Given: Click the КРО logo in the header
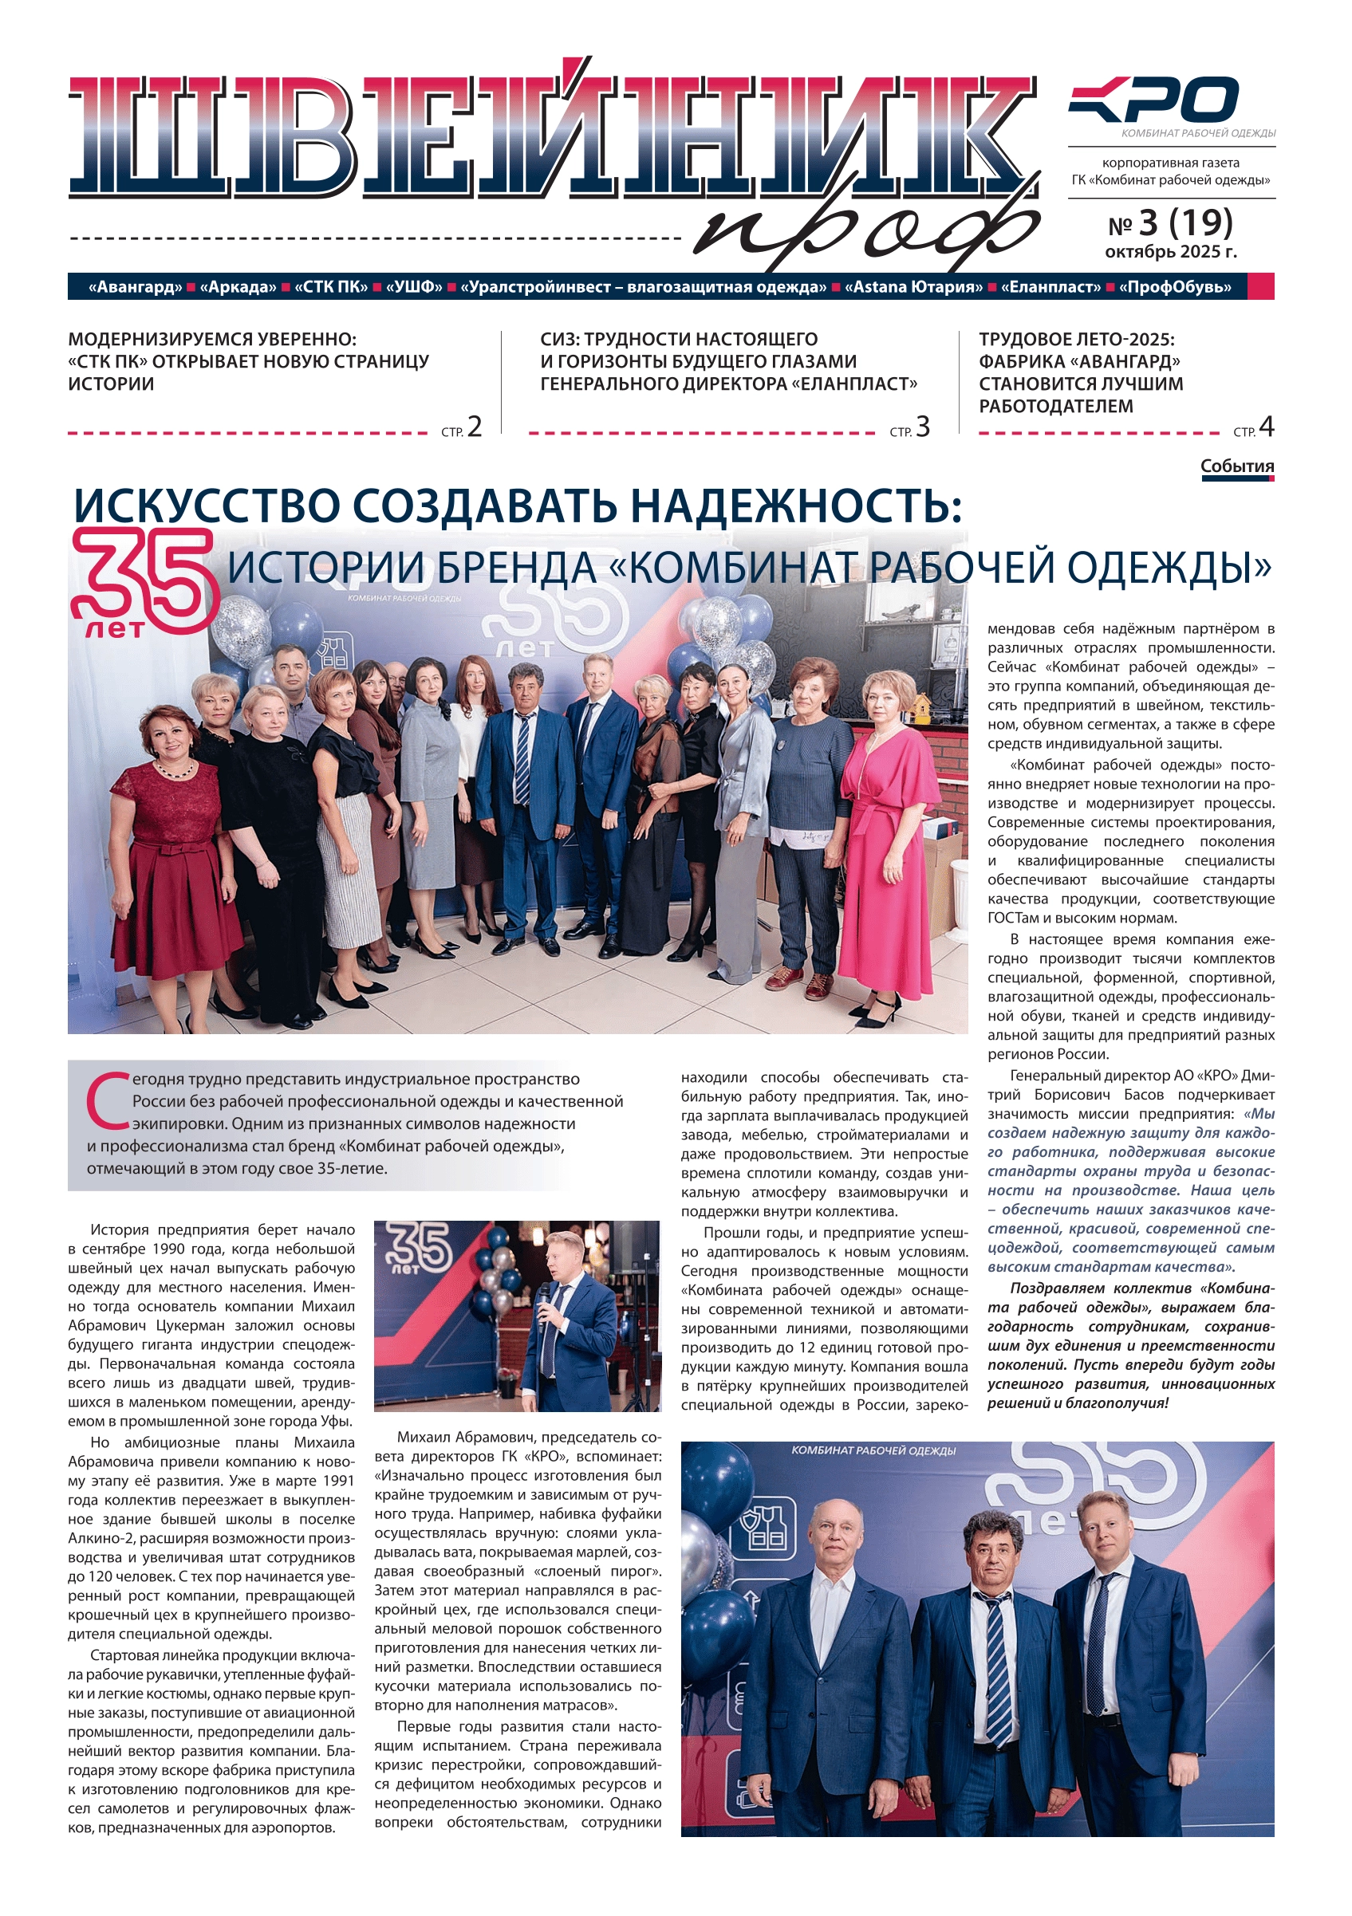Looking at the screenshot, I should pos(1154,100).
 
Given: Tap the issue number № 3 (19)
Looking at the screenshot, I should pos(1170,223).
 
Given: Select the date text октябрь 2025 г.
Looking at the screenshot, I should pos(1170,252).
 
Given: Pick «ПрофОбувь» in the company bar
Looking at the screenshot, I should pos(1175,287).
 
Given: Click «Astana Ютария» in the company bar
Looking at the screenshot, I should pos(914,287).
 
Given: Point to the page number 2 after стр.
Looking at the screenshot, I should pos(474,427).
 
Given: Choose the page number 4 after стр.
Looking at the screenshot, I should pos(1266,427).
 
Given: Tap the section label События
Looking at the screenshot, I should pos(1237,466).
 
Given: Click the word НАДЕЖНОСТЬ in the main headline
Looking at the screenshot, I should pos(789,505).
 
